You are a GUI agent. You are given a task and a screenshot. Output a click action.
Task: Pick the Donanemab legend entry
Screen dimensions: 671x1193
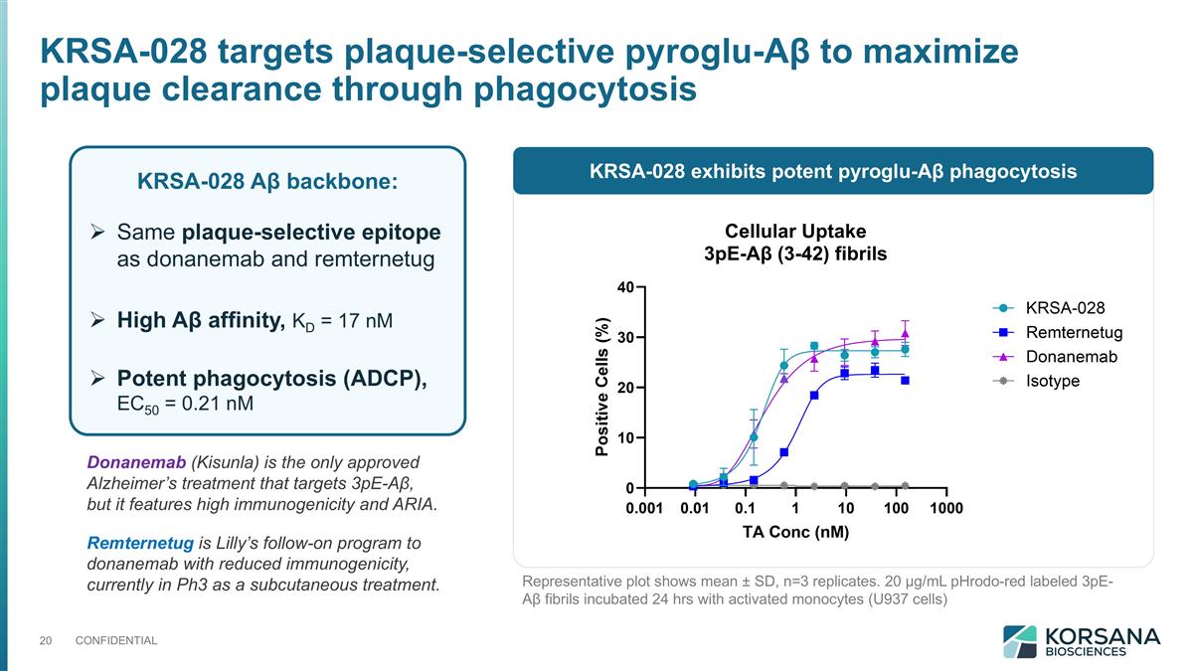point(1071,357)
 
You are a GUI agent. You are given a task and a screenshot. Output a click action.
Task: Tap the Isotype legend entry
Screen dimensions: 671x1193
point(1052,381)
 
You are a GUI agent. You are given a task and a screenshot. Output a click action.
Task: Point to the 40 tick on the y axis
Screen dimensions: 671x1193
point(625,287)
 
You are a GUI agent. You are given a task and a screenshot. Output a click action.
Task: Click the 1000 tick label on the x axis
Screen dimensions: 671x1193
point(945,509)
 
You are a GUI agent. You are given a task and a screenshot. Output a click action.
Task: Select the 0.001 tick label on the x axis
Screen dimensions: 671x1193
point(644,509)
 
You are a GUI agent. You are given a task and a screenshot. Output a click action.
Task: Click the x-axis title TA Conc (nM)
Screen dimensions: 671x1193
point(795,532)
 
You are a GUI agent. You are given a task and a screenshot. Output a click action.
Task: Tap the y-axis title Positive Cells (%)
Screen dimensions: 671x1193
point(601,388)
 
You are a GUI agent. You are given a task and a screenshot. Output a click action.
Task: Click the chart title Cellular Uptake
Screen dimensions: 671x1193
point(794,231)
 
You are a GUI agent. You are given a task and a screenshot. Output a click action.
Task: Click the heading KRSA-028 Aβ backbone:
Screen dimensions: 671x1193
point(266,183)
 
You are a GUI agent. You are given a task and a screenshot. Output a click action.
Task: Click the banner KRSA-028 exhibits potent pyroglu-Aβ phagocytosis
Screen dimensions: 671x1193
point(833,172)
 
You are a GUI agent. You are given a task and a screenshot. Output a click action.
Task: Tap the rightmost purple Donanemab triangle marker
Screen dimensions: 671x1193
point(905,334)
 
